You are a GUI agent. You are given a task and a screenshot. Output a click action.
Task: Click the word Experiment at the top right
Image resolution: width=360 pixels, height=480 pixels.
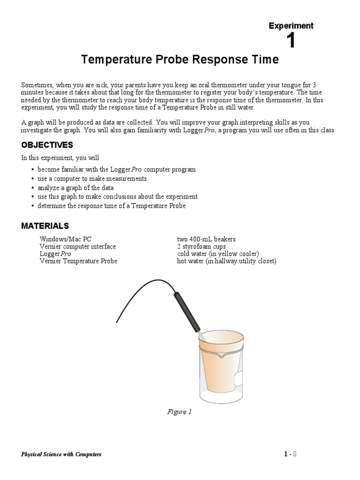[x=291, y=26]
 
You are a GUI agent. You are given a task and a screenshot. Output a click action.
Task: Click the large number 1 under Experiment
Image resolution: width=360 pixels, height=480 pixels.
[x=291, y=41]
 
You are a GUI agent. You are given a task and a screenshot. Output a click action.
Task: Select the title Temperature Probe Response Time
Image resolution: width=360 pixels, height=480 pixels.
[x=180, y=60]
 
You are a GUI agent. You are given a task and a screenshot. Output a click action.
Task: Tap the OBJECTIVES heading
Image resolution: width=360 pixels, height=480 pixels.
[x=47, y=145]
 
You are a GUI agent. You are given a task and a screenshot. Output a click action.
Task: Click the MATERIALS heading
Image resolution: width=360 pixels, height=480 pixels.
[x=45, y=226]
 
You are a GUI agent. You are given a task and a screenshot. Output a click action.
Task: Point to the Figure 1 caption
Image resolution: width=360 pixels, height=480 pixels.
[x=180, y=412]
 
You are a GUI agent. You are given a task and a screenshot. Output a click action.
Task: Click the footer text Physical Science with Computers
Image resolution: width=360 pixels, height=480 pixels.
[x=61, y=454]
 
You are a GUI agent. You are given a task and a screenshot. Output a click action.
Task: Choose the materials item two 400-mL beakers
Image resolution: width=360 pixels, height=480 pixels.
[x=206, y=239]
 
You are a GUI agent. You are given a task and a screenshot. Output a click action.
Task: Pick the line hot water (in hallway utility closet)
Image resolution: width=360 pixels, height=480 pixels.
[x=226, y=261]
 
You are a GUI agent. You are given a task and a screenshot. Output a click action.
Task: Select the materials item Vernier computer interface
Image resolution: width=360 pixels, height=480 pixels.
[x=77, y=247]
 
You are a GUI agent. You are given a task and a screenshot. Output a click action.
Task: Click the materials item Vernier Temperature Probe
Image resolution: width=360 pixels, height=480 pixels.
[x=78, y=261]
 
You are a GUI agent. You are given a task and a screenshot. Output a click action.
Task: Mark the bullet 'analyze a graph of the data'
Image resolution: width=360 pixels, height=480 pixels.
[x=75, y=187]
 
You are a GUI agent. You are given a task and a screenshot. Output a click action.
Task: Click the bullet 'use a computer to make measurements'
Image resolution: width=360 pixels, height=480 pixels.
[x=92, y=179]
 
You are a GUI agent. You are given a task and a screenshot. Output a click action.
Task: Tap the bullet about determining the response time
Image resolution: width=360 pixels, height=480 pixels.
[x=112, y=206]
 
